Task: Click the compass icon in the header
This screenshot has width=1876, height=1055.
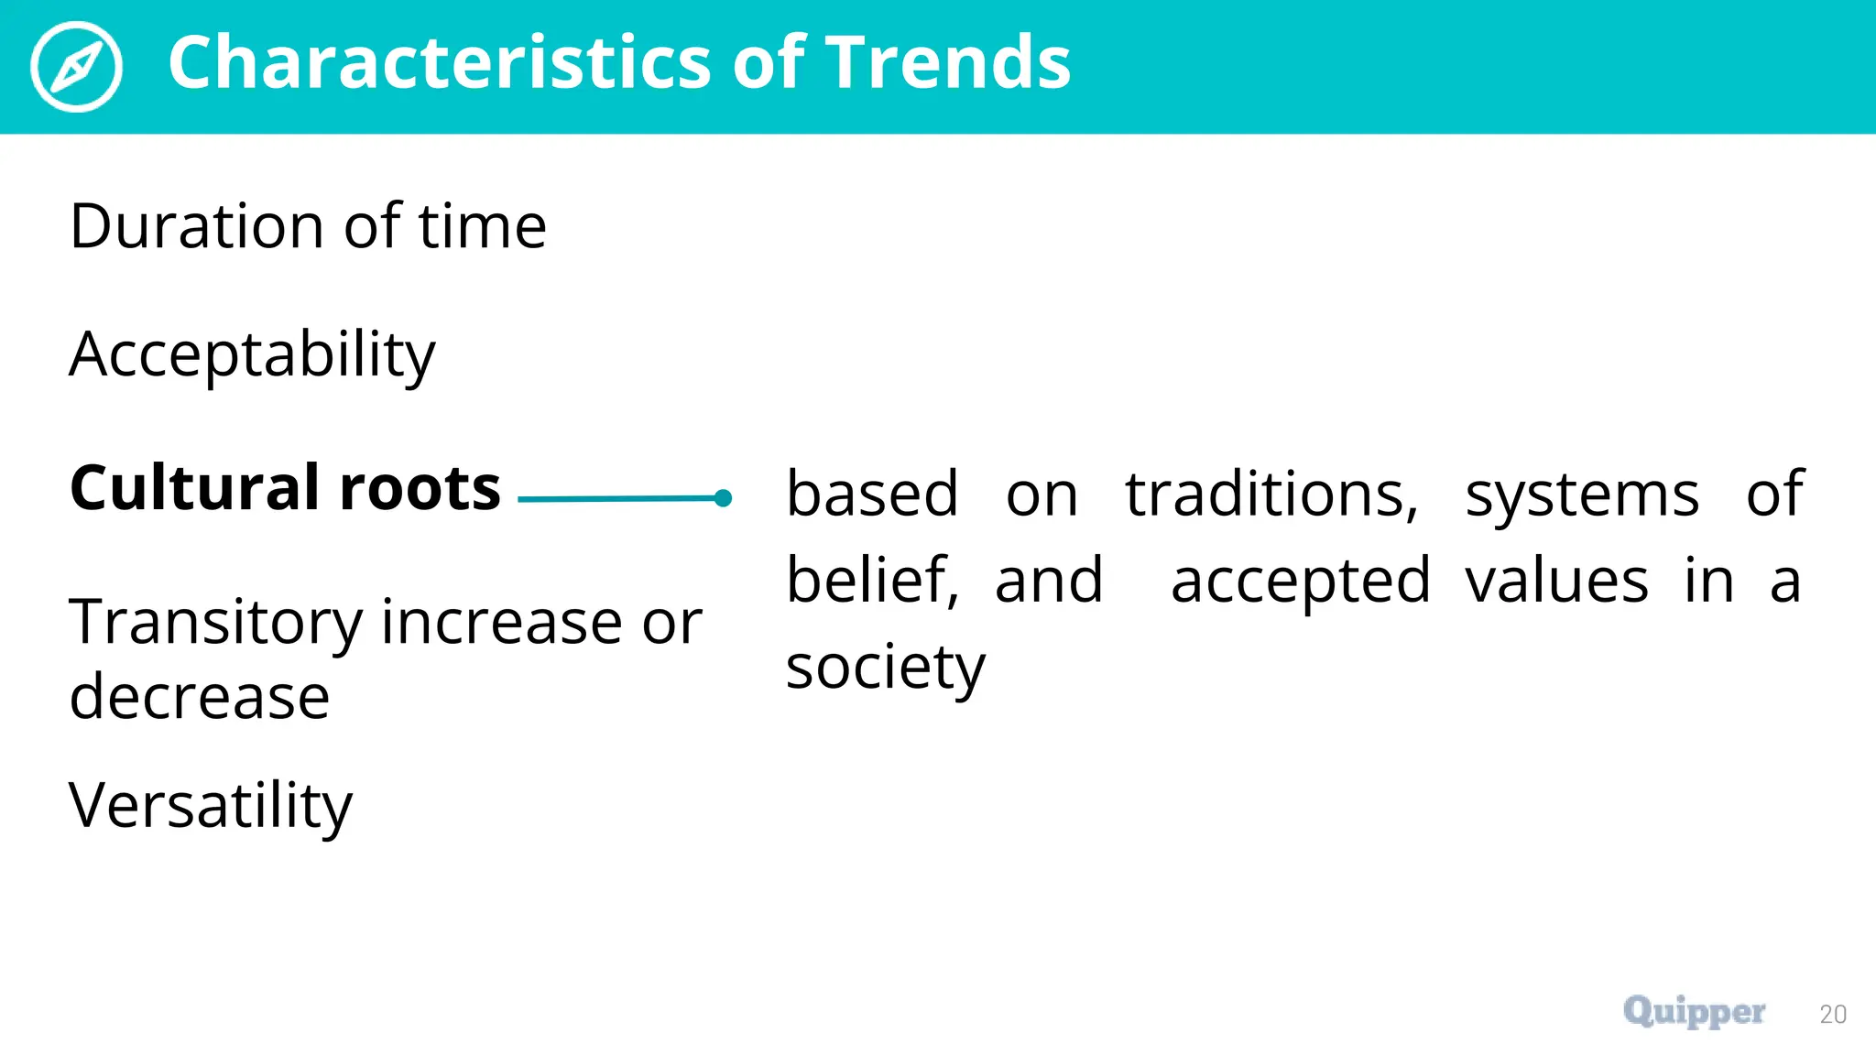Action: click(x=76, y=67)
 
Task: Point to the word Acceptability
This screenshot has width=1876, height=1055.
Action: click(x=252, y=355)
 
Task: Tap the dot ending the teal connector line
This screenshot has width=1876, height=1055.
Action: click(x=723, y=498)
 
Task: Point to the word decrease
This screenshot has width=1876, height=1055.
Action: click(x=200, y=697)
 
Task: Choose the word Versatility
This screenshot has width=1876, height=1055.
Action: click(x=211, y=806)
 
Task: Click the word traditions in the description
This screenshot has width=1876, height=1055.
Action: click(x=1271, y=495)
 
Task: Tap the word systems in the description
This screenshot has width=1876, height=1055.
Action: click(x=1582, y=495)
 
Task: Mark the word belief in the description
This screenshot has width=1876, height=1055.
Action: click(x=872, y=581)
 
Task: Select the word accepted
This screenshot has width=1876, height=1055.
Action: click(x=1301, y=582)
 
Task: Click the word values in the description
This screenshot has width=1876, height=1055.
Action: click(x=1556, y=581)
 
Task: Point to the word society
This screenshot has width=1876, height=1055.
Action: click(x=886, y=668)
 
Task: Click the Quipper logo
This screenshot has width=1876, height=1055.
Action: click(x=1694, y=1012)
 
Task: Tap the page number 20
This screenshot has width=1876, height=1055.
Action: click(x=1833, y=1015)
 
